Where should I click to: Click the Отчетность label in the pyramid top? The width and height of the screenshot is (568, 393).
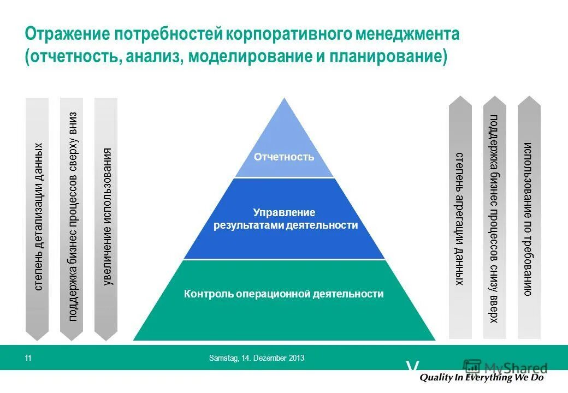pyautogui.click(x=284, y=157)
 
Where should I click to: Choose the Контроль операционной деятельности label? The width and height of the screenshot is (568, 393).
pyautogui.click(x=284, y=294)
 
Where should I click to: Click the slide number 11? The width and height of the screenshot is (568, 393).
pyautogui.click(x=28, y=359)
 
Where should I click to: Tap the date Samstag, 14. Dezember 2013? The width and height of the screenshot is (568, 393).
pyautogui.click(x=257, y=359)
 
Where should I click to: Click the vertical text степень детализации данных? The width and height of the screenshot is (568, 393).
pyautogui.click(x=38, y=217)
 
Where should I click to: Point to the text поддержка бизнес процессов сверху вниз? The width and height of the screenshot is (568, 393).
pyautogui.click(x=72, y=217)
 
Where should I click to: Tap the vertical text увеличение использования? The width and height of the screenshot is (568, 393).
pyautogui.click(x=107, y=217)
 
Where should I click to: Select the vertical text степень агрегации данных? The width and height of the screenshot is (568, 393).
pyautogui.click(x=460, y=218)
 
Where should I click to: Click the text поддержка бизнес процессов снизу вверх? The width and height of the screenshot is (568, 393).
pyautogui.click(x=494, y=218)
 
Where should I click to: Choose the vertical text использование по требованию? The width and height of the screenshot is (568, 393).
pyautogui.click(x=529, y=218)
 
